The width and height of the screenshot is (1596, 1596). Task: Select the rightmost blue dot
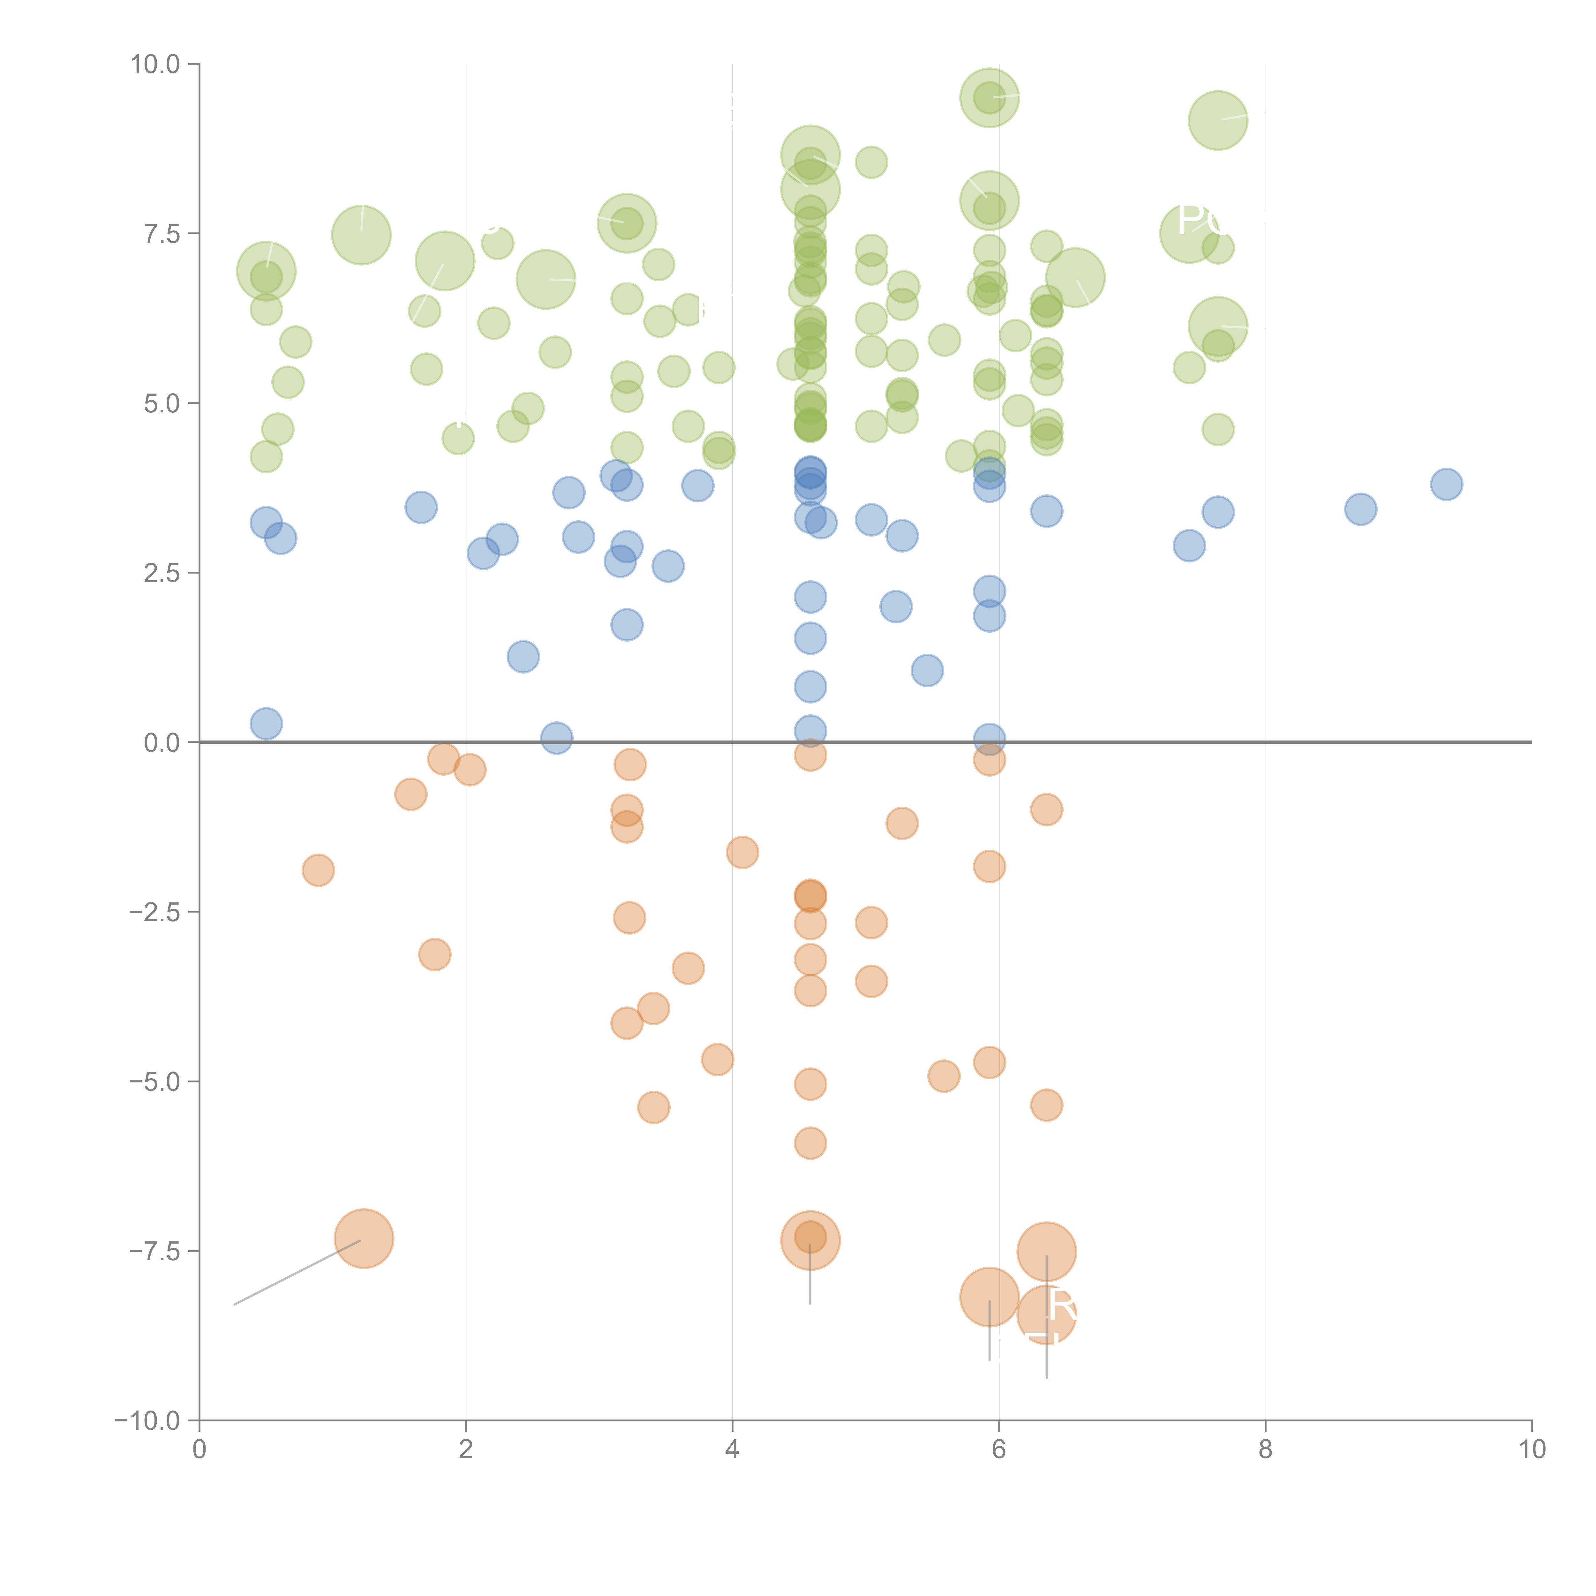tap(1446, 484)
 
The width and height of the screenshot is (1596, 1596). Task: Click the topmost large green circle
tap(989, 97)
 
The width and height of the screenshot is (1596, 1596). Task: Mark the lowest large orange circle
tap(1046, 1314)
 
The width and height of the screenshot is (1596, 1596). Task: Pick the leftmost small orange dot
tap(318, 870)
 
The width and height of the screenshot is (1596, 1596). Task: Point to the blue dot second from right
tap(1360, 509)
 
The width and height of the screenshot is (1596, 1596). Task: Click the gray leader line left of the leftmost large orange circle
tap(297, 1272)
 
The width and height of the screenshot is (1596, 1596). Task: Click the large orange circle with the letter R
tap(1046, 1314)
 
